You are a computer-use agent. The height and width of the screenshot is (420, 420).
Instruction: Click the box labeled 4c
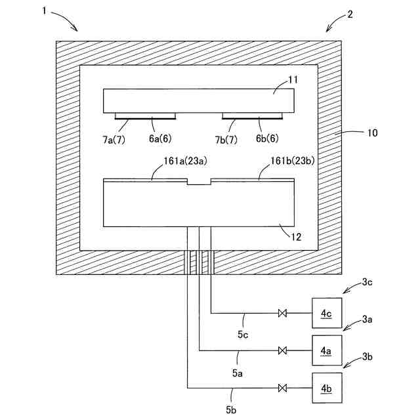click(x=326, y=314)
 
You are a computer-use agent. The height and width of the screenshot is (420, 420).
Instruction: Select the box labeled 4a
click(x=326, y=351)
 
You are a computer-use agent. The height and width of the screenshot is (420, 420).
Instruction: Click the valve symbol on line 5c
click(x=283, y=314)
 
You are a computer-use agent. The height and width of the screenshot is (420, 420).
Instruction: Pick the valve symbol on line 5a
click(x=283, y=351)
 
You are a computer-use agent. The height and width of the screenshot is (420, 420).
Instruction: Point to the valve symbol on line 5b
click(x=283, y=388)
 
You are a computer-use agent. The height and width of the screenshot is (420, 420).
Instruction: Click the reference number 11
click(x=293, y=80)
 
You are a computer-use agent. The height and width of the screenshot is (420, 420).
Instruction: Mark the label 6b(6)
click(x=267, y=138)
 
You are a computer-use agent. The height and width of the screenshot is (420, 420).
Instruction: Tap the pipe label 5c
click(x=243, y=336)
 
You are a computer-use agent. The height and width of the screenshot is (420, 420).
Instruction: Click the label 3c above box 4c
click(x=367, y=283)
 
